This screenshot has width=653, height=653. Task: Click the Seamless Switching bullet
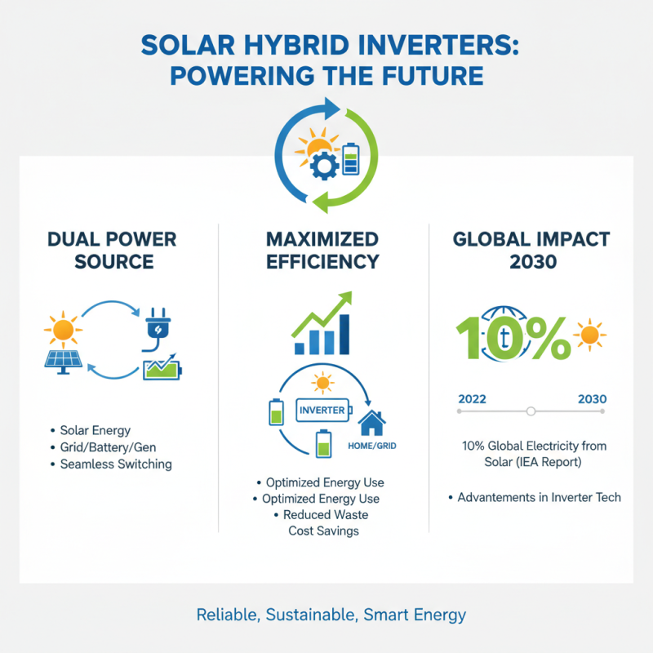click(115, 464)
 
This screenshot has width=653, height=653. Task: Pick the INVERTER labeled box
click(320, 410)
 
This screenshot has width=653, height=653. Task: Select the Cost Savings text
click(323, 531)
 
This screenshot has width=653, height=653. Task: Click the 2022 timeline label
click(473, 399)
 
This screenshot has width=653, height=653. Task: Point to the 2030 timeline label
click(591, 399)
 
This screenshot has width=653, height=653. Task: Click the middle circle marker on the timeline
click(531, 411)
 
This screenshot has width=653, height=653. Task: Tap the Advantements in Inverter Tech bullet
click(539, 497)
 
